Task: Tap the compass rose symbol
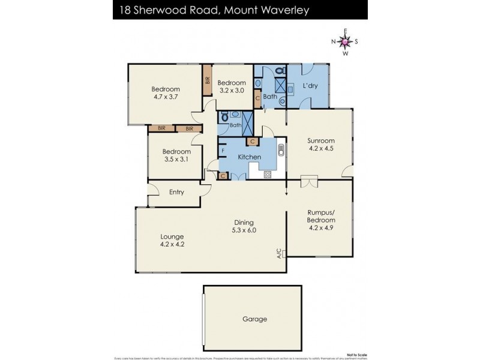coord(345,41)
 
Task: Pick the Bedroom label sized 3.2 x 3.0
coord(231,86)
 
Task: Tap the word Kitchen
coord(250,157)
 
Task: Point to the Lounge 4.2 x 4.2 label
coord(172,240)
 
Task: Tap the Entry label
coord(176,192)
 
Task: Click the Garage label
coord(255,319)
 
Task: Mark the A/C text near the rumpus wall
coord(280,254)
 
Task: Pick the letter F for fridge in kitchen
coord(223,150)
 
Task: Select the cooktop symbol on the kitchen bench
coord(268,174)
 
